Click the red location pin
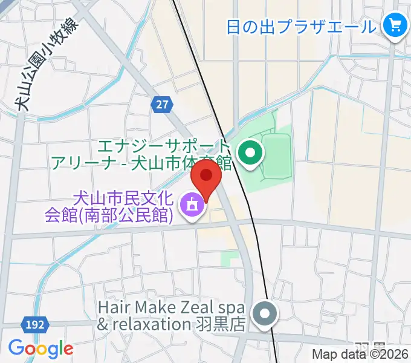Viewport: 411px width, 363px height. [205, 177]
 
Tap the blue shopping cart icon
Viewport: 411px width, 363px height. [396, 25]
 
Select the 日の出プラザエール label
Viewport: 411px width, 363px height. [301, 27]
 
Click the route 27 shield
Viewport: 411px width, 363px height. [161, 105]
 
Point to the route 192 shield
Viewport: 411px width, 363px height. [36, 325]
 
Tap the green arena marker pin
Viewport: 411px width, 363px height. [249, 153]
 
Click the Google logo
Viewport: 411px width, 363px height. [40, 348]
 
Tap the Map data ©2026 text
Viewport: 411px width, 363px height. [360, 355]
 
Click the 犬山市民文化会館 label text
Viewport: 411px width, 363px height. [123, 198]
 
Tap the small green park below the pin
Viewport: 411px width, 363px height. [230, 260]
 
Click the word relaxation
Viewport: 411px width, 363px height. [151, 324]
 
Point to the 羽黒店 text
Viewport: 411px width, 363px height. [220, 324]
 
